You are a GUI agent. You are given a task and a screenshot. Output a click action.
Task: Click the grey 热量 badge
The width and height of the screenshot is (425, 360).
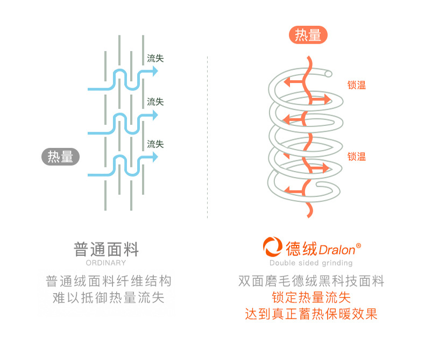[x=61, y=157]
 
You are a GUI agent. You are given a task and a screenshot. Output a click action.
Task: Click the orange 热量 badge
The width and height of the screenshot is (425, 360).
[x=308, y=35]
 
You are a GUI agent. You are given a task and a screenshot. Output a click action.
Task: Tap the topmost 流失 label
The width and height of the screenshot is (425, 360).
[x=155, y=58]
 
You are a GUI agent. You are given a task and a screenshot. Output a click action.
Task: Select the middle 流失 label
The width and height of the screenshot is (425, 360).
[x=155, y=101]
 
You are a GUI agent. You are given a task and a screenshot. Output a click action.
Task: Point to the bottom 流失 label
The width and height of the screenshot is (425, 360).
[x=155, y=144]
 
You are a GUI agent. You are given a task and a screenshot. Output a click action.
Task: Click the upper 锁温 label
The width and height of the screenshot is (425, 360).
[x=356, y=84]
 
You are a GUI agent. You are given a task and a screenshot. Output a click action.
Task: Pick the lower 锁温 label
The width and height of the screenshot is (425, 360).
[x=356, y=157]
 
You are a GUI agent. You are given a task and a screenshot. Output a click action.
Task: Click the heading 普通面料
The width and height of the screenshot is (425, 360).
[x=106, y=249]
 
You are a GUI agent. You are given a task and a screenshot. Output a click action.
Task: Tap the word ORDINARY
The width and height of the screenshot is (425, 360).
[x=106, y=263]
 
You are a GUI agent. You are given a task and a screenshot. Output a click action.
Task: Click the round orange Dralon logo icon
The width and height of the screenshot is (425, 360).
[x=273, y=248]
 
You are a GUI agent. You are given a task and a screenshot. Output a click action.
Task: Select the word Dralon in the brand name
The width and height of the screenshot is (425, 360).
[x=336, y=250]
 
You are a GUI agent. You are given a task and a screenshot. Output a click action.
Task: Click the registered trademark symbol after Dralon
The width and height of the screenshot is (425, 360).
[x=359, y=245]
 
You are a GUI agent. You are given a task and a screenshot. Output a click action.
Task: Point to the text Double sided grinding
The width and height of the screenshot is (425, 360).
[x=311, y=263]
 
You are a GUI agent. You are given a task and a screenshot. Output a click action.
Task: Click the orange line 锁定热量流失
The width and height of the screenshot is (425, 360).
[x=311, y=298]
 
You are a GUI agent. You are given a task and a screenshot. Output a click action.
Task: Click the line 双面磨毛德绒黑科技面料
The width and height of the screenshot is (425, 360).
[x=311, y=281]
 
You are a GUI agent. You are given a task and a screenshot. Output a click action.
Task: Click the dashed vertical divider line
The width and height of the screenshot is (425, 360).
[x=208, y=135]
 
